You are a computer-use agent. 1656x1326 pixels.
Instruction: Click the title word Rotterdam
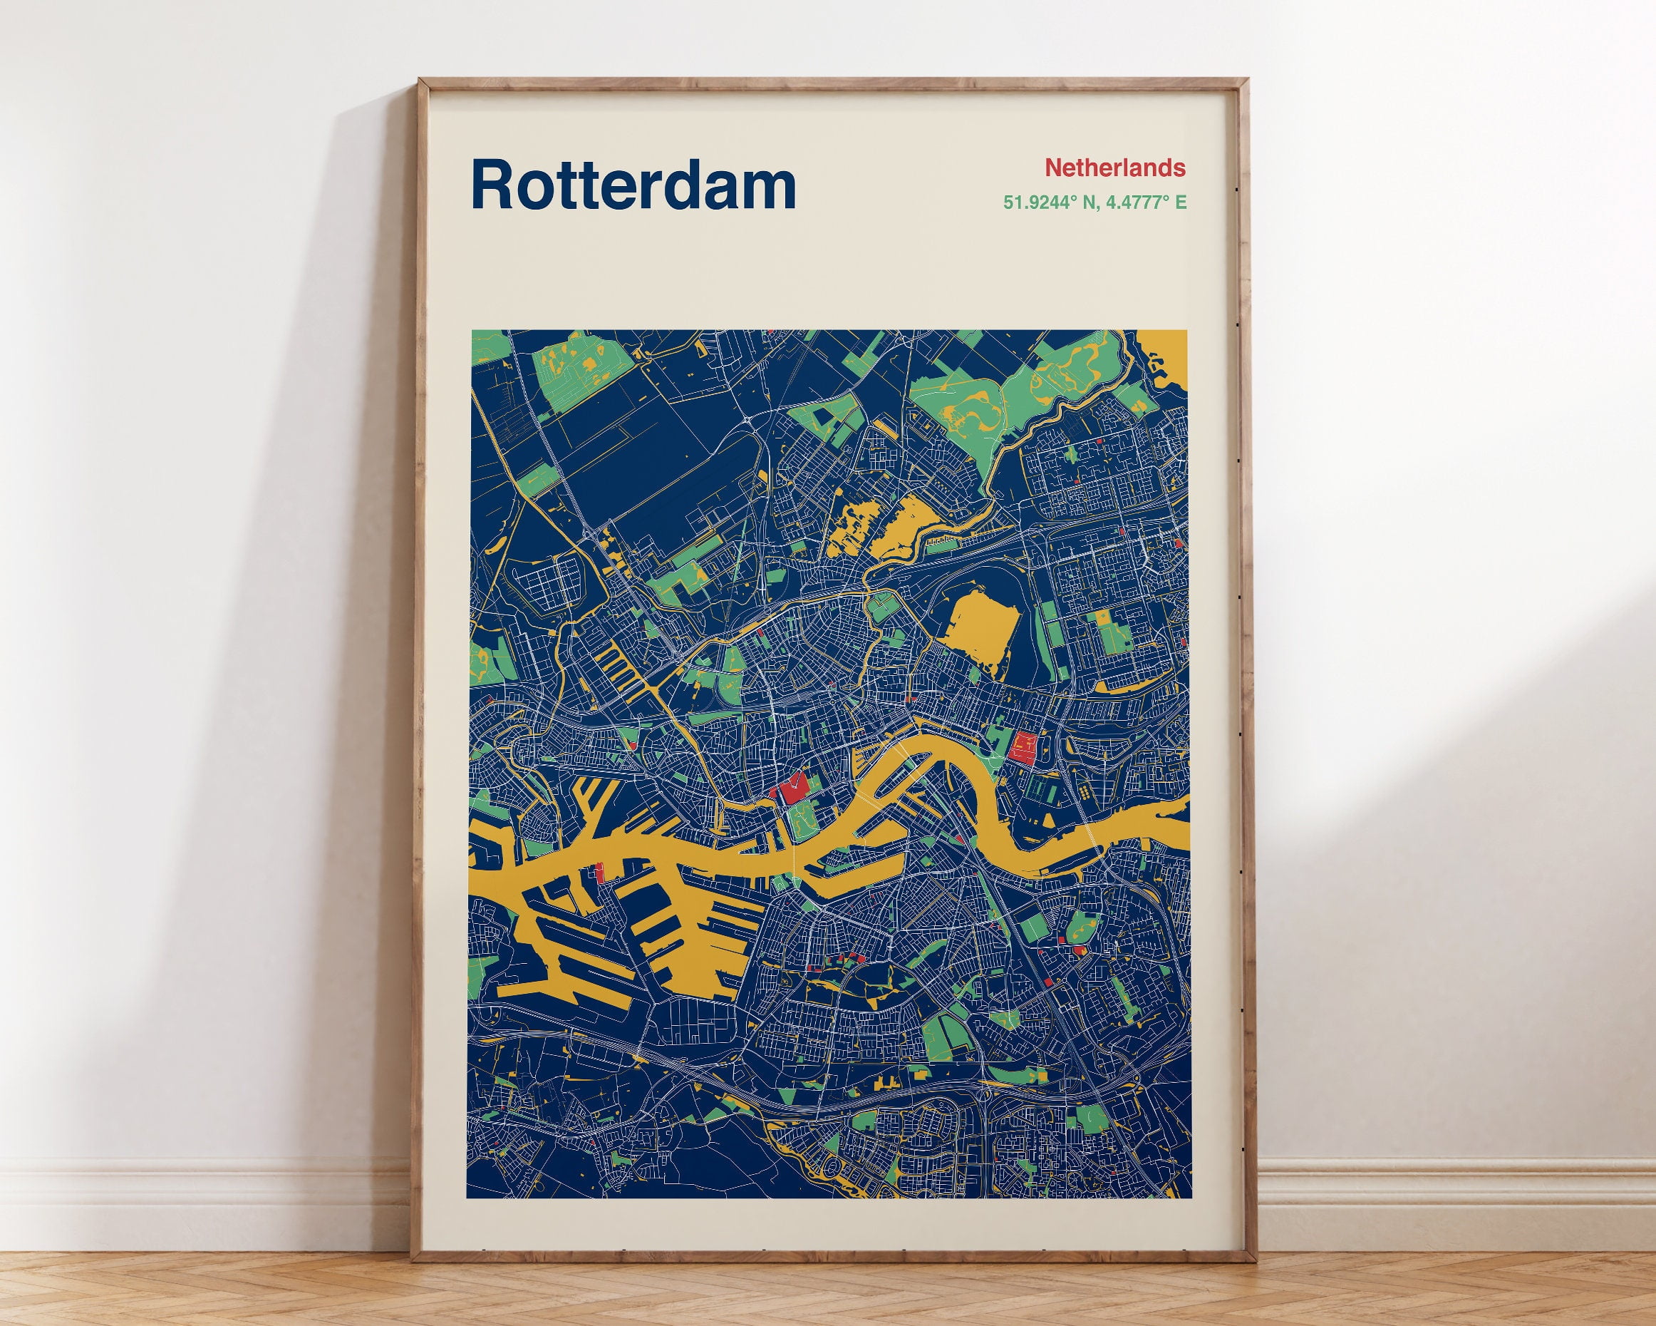click(633, 185)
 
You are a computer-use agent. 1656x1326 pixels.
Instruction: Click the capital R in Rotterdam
click(492, 185)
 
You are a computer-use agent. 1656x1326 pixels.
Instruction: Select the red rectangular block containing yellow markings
click(1023, 746)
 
